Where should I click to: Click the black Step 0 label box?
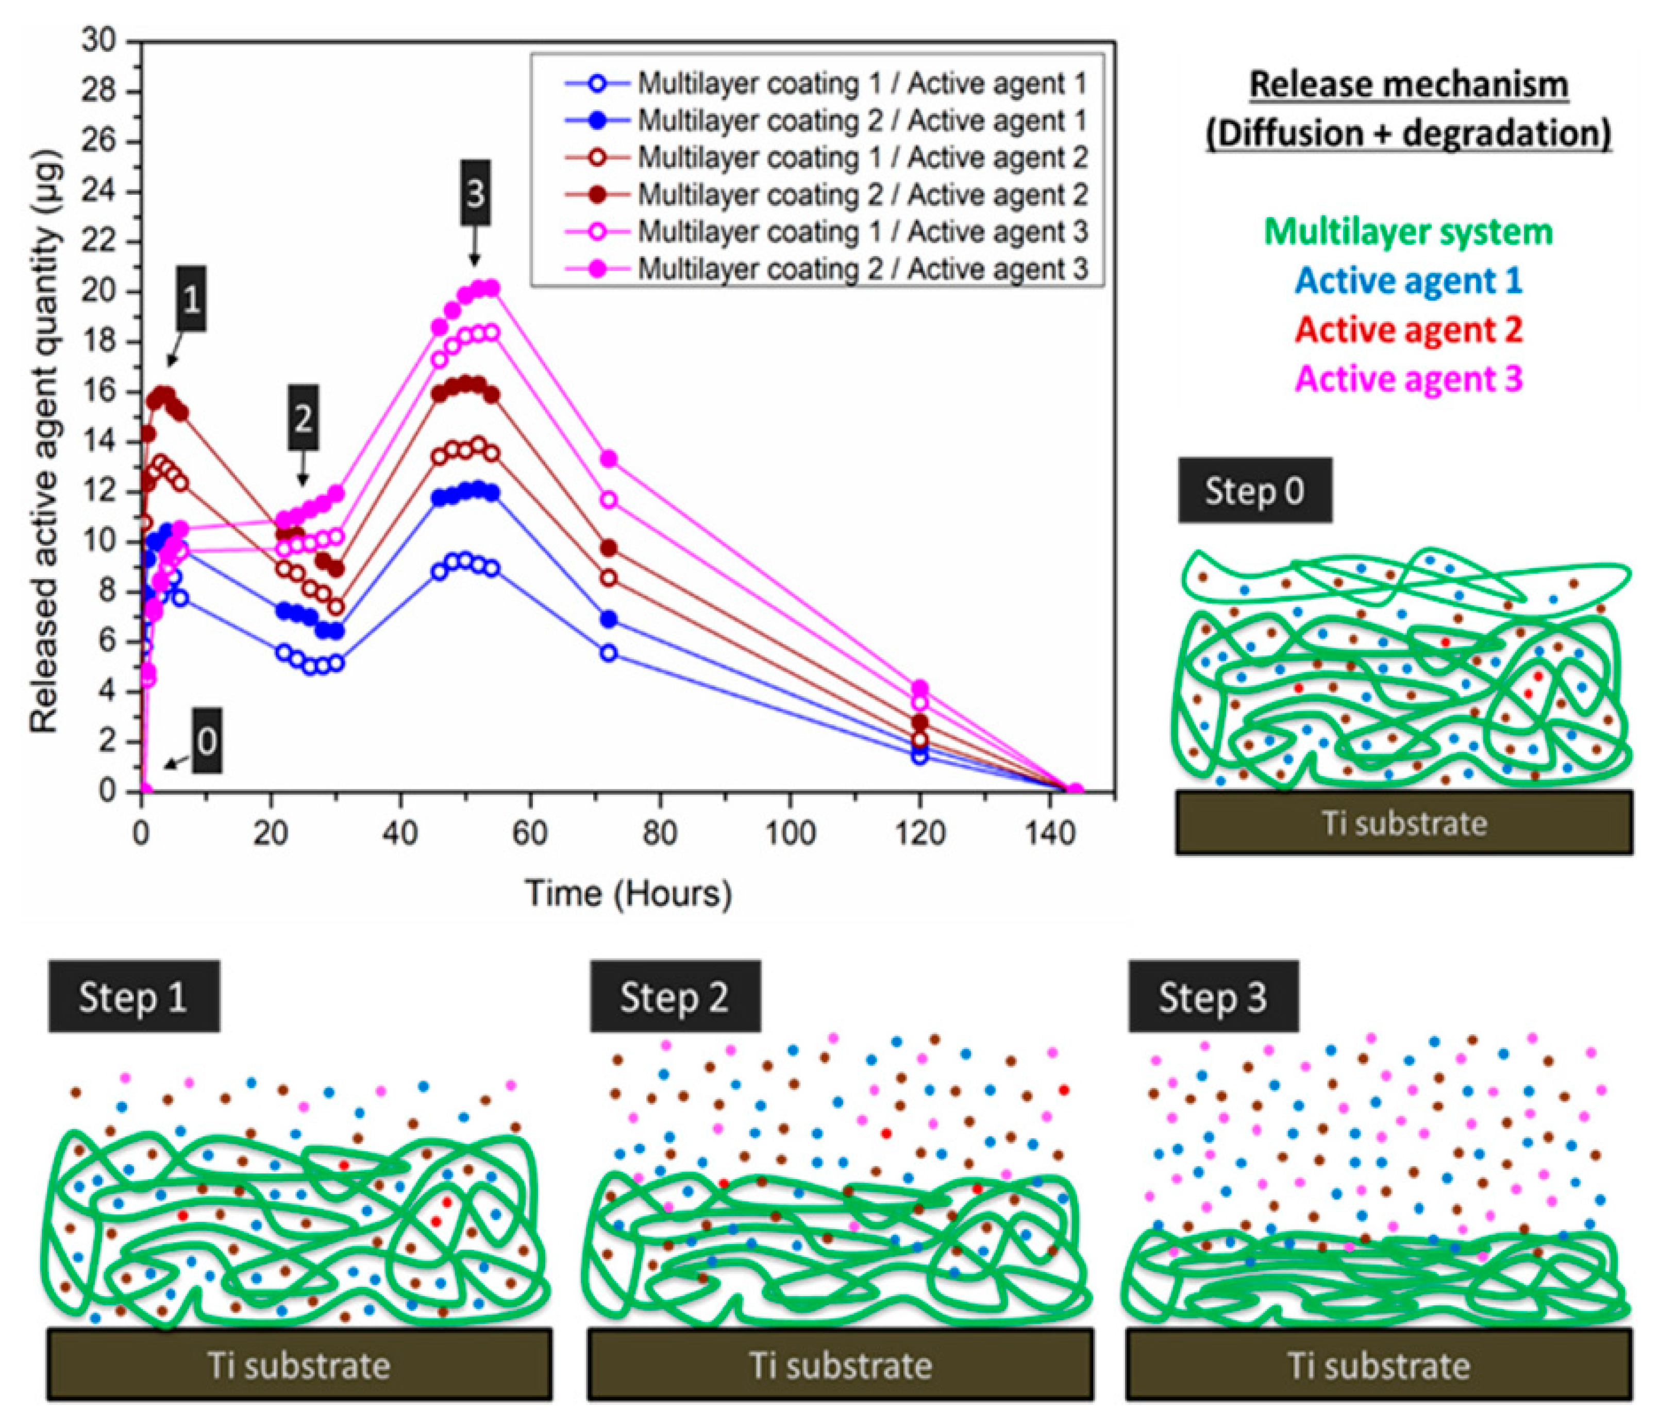(1254, 491)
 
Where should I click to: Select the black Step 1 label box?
(133, 997)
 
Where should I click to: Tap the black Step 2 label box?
(675, 997)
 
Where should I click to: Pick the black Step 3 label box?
(1213, 997)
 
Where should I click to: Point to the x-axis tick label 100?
(790, 834)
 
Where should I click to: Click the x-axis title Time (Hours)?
(629, 893)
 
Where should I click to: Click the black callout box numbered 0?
(207, 741)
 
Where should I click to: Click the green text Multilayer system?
(1409, 232)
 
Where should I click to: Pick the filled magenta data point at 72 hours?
(609, 459)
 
